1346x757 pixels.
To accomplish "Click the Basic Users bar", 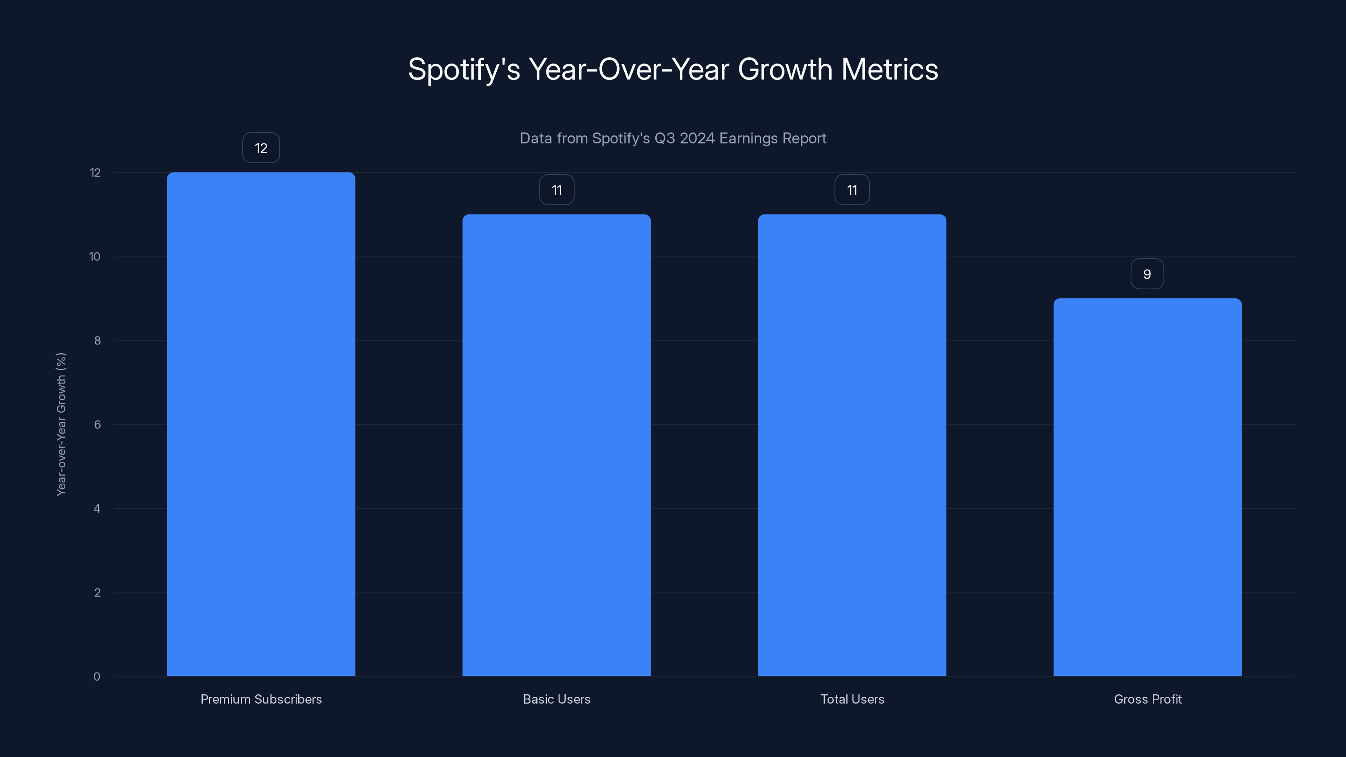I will click(556, 445).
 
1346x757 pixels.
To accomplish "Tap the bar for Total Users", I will click(852, 445).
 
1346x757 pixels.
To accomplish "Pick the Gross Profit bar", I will click(1147, 487).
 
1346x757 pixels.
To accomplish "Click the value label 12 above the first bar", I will click(261, 148).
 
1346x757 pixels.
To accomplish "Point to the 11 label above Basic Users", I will click(556, 190).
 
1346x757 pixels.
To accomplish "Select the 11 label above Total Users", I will click(852, 190).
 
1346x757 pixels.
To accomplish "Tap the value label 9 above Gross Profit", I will click(1147, 274).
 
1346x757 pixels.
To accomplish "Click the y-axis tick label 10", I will click(95, 257).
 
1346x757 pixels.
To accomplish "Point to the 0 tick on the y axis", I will click(97, 677).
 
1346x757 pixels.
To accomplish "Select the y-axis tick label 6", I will click(97, 425).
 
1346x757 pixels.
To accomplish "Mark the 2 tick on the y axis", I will click(97, 593).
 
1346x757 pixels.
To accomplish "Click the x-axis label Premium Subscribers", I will click(261, 699).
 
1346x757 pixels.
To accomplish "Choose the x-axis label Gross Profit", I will click(1147, 699).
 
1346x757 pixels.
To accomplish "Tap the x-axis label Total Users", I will click(852, 699).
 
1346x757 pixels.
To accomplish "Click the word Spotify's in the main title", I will click(464, 69).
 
